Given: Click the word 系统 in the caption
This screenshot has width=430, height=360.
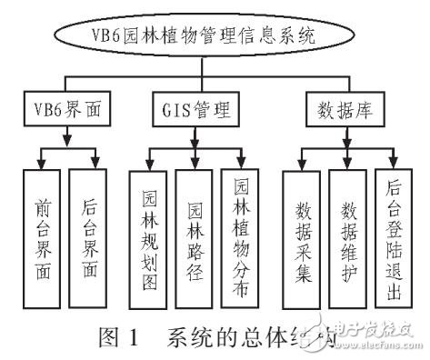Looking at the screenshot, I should click(187, 343).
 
